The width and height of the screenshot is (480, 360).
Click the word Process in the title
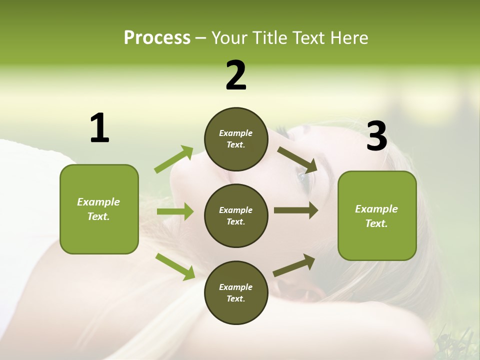(157, 38)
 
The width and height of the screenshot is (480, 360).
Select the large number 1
(99, 128)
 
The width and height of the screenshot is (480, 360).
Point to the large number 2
(236, 76)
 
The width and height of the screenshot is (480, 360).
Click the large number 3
(376, 137)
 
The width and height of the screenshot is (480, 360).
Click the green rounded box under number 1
(99, 209)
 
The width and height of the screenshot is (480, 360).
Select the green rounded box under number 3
(377, 216)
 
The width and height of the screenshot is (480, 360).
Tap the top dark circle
(236, 139)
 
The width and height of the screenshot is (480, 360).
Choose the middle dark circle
(236, 216)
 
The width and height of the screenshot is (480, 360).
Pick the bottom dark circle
(236, 292)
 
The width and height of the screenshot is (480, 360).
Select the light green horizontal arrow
(175, 211)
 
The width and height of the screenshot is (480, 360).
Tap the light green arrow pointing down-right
(175, 266)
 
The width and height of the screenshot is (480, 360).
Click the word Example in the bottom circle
(236, 287)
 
